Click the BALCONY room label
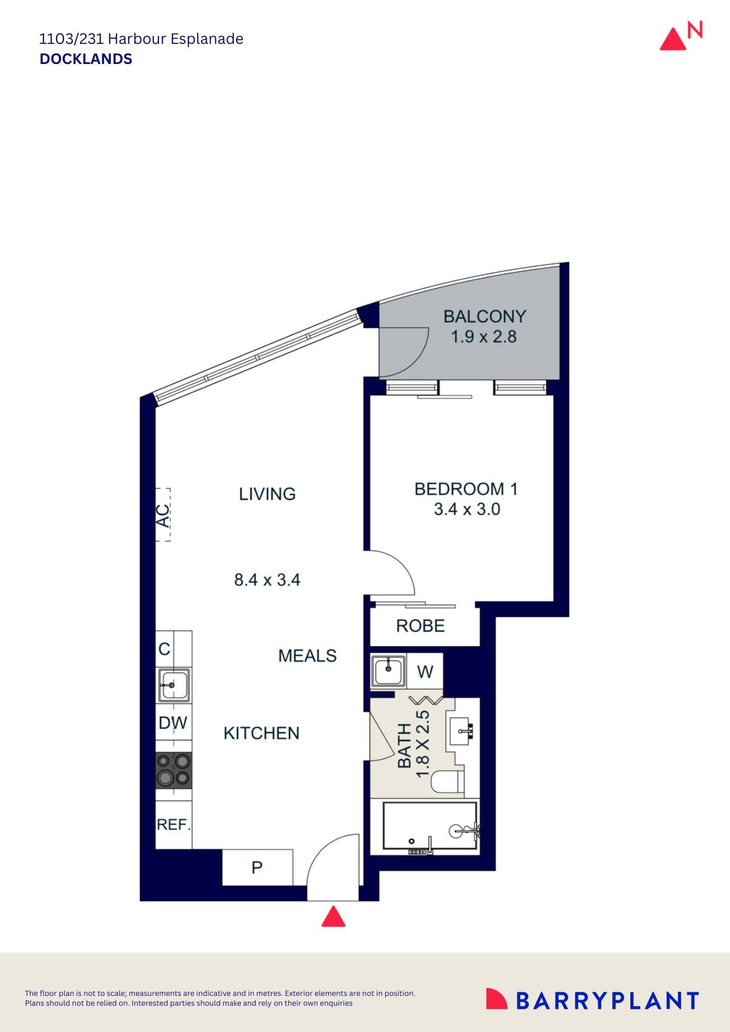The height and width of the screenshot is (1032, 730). [485, 316]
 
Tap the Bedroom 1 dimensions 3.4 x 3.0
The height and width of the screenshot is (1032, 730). [467, 509]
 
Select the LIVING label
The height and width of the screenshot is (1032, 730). [267, 494]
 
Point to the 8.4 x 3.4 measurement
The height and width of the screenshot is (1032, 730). [267, 579]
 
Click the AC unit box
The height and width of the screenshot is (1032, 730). [163, 515]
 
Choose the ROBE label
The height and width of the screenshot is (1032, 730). [420, 626]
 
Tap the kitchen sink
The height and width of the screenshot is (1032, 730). [173, 685]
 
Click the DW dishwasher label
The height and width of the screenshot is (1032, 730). [173, 723]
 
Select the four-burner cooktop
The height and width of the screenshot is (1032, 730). [174, 770]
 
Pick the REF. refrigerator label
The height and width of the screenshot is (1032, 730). [174, 825]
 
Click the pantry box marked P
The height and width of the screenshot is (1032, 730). [258, 867]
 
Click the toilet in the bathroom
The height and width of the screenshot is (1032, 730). [448, 782]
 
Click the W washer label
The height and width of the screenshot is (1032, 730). [425, 672]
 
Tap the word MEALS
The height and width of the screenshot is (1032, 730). [307, 656]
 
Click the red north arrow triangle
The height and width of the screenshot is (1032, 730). [673, 39]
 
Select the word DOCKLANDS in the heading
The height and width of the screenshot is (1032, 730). [86, 59]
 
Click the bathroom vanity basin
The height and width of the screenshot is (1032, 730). [462, 730]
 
